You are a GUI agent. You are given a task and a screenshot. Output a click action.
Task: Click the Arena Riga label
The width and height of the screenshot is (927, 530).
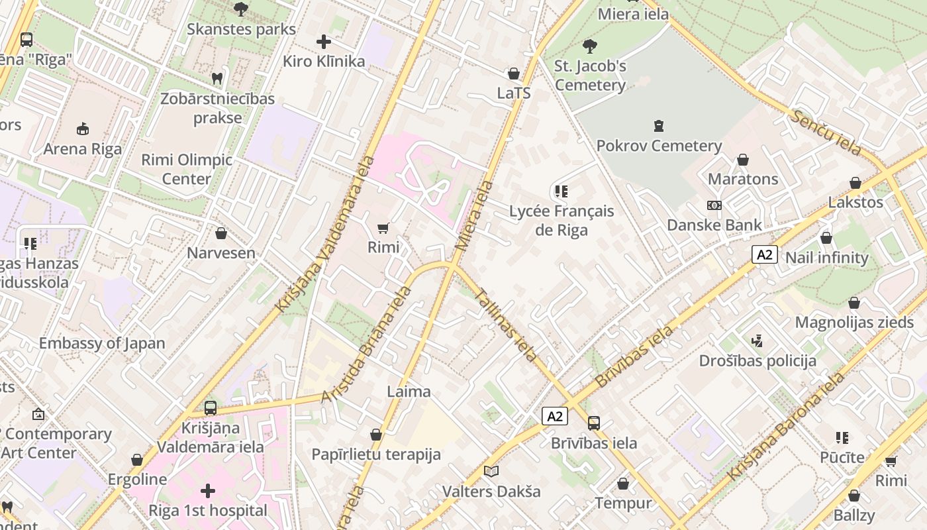coord(83,149)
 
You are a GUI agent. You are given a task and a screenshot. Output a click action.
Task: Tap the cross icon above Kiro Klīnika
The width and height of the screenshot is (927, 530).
coord(324,42)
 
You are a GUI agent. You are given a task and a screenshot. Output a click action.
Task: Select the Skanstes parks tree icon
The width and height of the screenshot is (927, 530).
coord(241,9)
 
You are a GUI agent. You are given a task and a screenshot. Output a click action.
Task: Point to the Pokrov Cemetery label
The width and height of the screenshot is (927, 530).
coord(659,146)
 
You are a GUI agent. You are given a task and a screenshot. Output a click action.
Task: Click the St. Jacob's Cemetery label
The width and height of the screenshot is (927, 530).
coord(590,76)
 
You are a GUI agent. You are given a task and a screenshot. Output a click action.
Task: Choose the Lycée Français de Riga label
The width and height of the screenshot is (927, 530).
coord(561,221)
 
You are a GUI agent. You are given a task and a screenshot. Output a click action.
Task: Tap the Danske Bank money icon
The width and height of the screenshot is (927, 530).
coord(714,205)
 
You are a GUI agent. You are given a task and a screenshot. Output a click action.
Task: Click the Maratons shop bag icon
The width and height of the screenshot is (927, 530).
coord(743,160)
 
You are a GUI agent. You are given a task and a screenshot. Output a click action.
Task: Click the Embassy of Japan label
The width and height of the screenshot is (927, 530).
coord(102,343)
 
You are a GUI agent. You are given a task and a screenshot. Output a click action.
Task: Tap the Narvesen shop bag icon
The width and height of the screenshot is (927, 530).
coord(221,233)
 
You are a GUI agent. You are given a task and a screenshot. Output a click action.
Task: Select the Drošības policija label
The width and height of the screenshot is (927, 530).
coord(757,361)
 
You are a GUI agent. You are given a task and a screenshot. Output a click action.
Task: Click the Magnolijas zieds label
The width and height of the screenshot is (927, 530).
coord(854,323)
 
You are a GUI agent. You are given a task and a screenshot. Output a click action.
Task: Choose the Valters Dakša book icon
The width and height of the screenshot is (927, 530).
coord(491,471)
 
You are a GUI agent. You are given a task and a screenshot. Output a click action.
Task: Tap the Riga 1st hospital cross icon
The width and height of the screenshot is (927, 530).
coord(208,491)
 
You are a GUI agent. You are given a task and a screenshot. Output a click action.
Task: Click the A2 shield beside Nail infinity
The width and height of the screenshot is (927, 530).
coord(764,254)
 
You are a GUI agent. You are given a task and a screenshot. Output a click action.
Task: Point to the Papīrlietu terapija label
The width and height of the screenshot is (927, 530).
coord(376,454)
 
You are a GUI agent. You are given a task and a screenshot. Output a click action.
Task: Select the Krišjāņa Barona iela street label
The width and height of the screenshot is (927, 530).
coord(787,427)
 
